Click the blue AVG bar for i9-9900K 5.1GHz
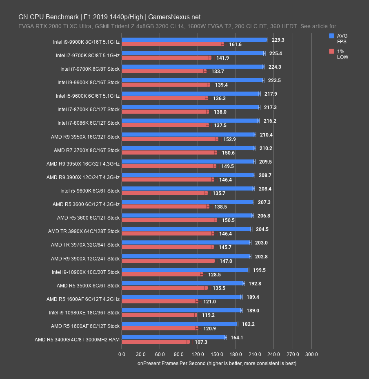(194, 40)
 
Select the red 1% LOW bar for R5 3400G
(155, 342)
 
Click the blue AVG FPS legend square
(332, 36)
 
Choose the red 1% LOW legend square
(332, 52)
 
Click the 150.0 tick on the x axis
(217, 354)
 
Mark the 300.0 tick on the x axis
(312, 354)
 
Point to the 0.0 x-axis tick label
(122, 354)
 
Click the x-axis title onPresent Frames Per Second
(217, 363)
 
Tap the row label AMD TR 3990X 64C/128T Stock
(84, 231)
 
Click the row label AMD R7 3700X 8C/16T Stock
(87, 150)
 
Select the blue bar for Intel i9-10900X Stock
(184, 269)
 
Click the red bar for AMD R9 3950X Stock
(169, 139)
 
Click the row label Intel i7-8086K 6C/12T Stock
(89, 123)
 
